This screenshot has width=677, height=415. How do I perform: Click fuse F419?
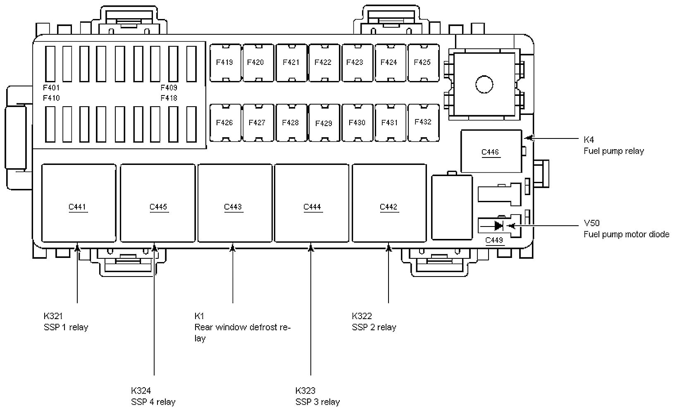[x=225, y=63]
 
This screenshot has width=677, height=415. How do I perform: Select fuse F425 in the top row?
[x=422, y=63]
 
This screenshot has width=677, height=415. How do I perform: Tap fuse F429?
[x=324, y=123]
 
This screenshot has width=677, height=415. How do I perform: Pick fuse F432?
[x=422, y=122]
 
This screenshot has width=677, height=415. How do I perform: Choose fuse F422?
[x=323, y=63]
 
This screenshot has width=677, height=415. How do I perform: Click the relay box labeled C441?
[x=79, y=203]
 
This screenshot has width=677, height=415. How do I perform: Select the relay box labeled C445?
[x=158, y=203]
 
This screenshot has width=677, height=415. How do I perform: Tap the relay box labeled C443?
[x=235, y=203]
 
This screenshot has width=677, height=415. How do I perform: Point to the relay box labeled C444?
[x=312, y=203]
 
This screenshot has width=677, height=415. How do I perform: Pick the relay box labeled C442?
[x=389, y=203]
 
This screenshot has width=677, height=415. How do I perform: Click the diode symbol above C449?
[x=498, y=226]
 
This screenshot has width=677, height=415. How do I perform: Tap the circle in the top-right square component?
[x=484, y=84]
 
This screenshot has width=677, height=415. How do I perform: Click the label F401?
[x=51, y=88]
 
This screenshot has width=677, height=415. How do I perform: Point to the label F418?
[x=169, y=98]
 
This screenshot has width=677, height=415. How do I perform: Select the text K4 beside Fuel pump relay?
[x=589, y=140]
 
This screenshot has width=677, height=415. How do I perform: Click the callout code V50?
[x=591, y=223]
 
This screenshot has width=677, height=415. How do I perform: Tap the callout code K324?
[x=141, y=391]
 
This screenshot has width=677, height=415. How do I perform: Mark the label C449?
[x=494, y=240]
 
